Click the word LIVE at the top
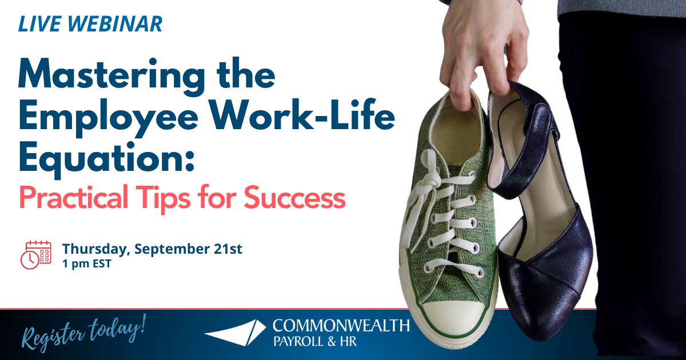click(x=36, y=24)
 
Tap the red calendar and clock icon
click(x=36, y=254)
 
